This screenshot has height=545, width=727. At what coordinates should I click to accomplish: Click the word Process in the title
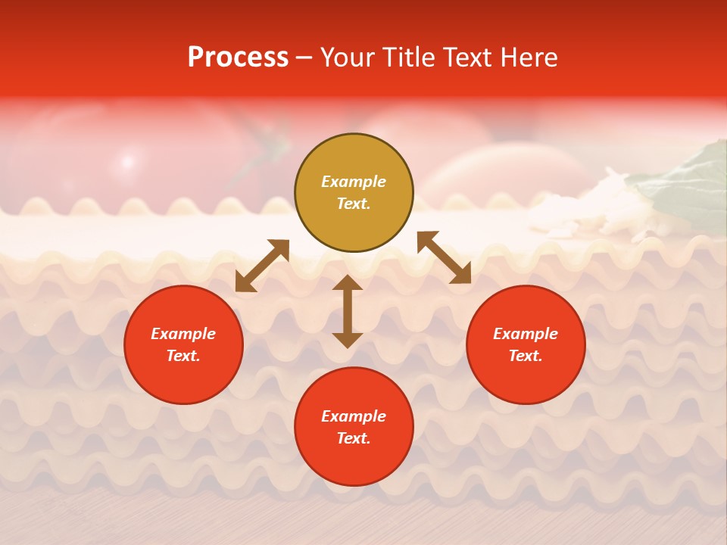[238, 58]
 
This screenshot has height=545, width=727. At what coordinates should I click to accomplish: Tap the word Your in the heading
[348, 58]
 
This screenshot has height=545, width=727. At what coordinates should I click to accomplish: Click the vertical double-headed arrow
[348, 312]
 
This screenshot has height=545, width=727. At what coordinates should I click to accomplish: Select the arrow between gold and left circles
[262, 266]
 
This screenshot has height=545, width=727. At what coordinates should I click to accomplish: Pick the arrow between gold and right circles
[445, 257]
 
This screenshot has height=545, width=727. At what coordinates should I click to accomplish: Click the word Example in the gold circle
[354, 182]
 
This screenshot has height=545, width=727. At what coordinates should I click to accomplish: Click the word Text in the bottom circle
[354, 438]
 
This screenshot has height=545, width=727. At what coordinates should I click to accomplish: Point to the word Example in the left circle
[183, 334]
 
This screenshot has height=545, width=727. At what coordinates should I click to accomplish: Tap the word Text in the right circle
[526, 356]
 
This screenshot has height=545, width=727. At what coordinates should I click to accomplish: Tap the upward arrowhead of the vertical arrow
[348, 283]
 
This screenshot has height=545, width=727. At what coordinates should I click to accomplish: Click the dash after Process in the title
[304, 58]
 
